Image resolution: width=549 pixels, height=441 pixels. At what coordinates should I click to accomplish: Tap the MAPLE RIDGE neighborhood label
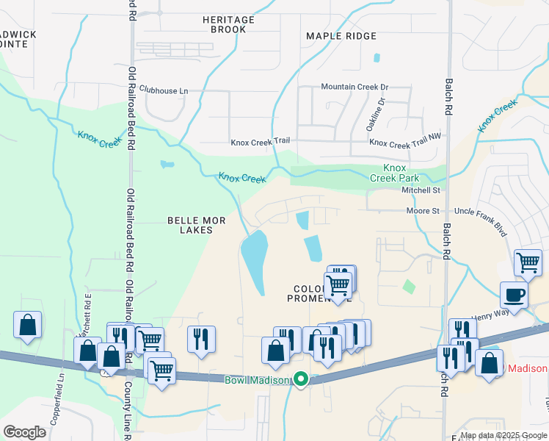(x=341, y=36)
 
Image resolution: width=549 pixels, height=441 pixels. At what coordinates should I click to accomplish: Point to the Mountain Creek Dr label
(x=355, y=87)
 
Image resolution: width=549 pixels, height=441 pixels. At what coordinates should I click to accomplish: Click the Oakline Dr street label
(x=374, y=115)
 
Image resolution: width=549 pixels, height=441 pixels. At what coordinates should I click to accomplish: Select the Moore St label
(x=423, y=211)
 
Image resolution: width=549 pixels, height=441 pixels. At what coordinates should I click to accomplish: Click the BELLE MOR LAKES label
(x=190, y=225)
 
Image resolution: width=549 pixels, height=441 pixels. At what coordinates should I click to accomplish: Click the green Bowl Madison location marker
(x=300, y=379)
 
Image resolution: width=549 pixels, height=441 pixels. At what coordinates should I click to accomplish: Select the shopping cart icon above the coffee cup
(x=528, y=262)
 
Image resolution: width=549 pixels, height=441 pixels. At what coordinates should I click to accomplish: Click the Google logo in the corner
(x=24, y=432)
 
